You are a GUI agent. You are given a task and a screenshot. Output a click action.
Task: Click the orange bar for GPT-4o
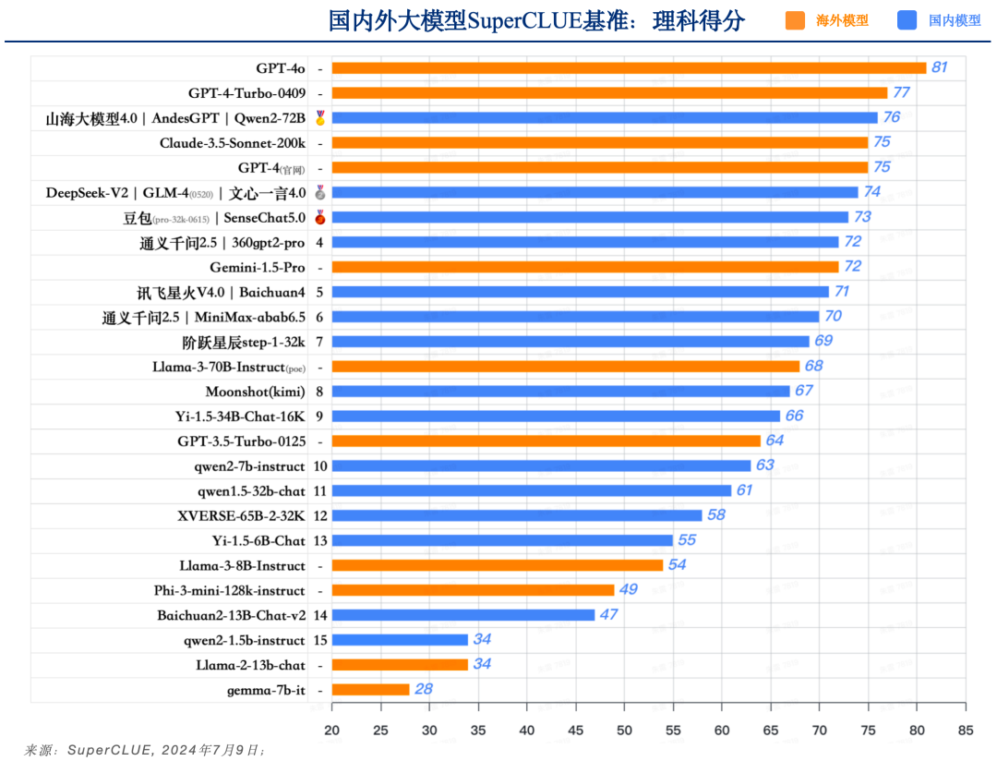point(629,67)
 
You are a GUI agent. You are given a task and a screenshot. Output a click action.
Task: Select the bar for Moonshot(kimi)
point(560,391)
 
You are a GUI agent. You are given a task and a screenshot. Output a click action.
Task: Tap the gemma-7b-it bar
point(370,689)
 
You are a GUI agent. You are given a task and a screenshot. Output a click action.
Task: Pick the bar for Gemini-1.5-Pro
point(584,267)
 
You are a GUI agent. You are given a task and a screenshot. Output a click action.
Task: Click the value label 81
point(940,67)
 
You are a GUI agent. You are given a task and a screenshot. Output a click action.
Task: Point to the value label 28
point(424,689)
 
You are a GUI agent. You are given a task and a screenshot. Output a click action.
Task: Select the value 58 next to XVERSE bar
point(716,515)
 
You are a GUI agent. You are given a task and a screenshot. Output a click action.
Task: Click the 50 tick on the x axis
point(625,731)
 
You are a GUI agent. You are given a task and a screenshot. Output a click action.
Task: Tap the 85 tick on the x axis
point(966,731)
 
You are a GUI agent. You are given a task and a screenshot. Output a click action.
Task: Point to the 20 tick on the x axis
point(331,731)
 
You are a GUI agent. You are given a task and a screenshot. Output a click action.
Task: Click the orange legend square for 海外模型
point(795,20)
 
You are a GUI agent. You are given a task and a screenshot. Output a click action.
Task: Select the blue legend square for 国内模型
point(907,20)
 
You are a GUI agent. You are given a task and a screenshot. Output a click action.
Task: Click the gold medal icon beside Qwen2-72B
point(319,117)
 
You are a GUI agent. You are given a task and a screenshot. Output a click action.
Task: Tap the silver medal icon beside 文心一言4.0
point(319,192)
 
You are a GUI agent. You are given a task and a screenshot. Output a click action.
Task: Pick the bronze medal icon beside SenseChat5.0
point(319,217)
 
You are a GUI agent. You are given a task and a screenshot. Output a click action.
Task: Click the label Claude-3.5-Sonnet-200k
point(232,142)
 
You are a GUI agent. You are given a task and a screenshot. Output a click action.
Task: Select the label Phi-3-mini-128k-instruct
point(229,590)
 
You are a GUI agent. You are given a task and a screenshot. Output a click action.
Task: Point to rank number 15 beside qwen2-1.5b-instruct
point(320,640)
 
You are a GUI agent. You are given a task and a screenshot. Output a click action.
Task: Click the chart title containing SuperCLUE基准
point(536,20)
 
